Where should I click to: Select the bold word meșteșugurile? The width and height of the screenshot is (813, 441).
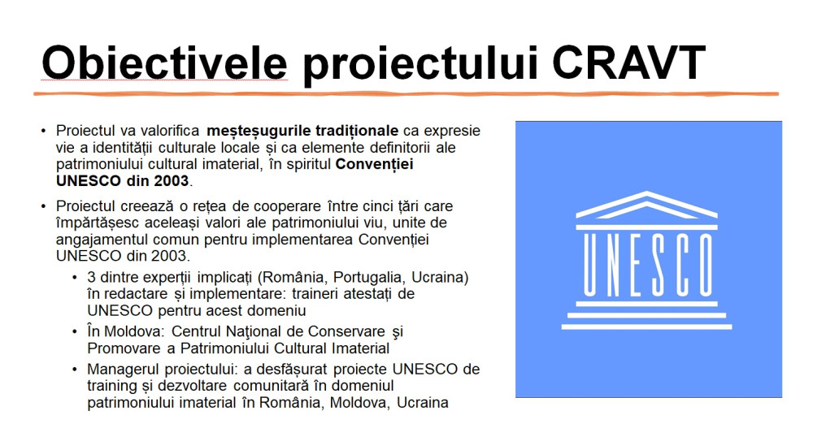click(259, 131)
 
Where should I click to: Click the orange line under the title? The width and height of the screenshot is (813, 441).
click(406, 93)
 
